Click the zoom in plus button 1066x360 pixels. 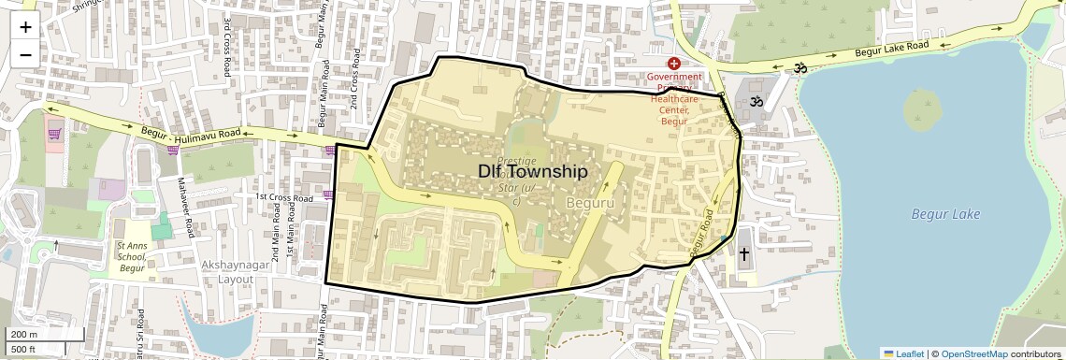click(25, 27)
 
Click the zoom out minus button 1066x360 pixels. click(25, 55)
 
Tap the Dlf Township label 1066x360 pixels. click(532, 172)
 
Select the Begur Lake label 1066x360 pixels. click(945, 215)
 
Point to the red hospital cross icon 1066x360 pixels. click(673, 63)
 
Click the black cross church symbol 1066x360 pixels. click(744, 253)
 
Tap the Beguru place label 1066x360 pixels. click(589, 202)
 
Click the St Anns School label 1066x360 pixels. click(131, 257)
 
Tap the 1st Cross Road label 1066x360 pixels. click(284, 198)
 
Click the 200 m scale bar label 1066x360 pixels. click(24, 335)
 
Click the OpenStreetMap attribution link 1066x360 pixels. click(973, 353)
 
